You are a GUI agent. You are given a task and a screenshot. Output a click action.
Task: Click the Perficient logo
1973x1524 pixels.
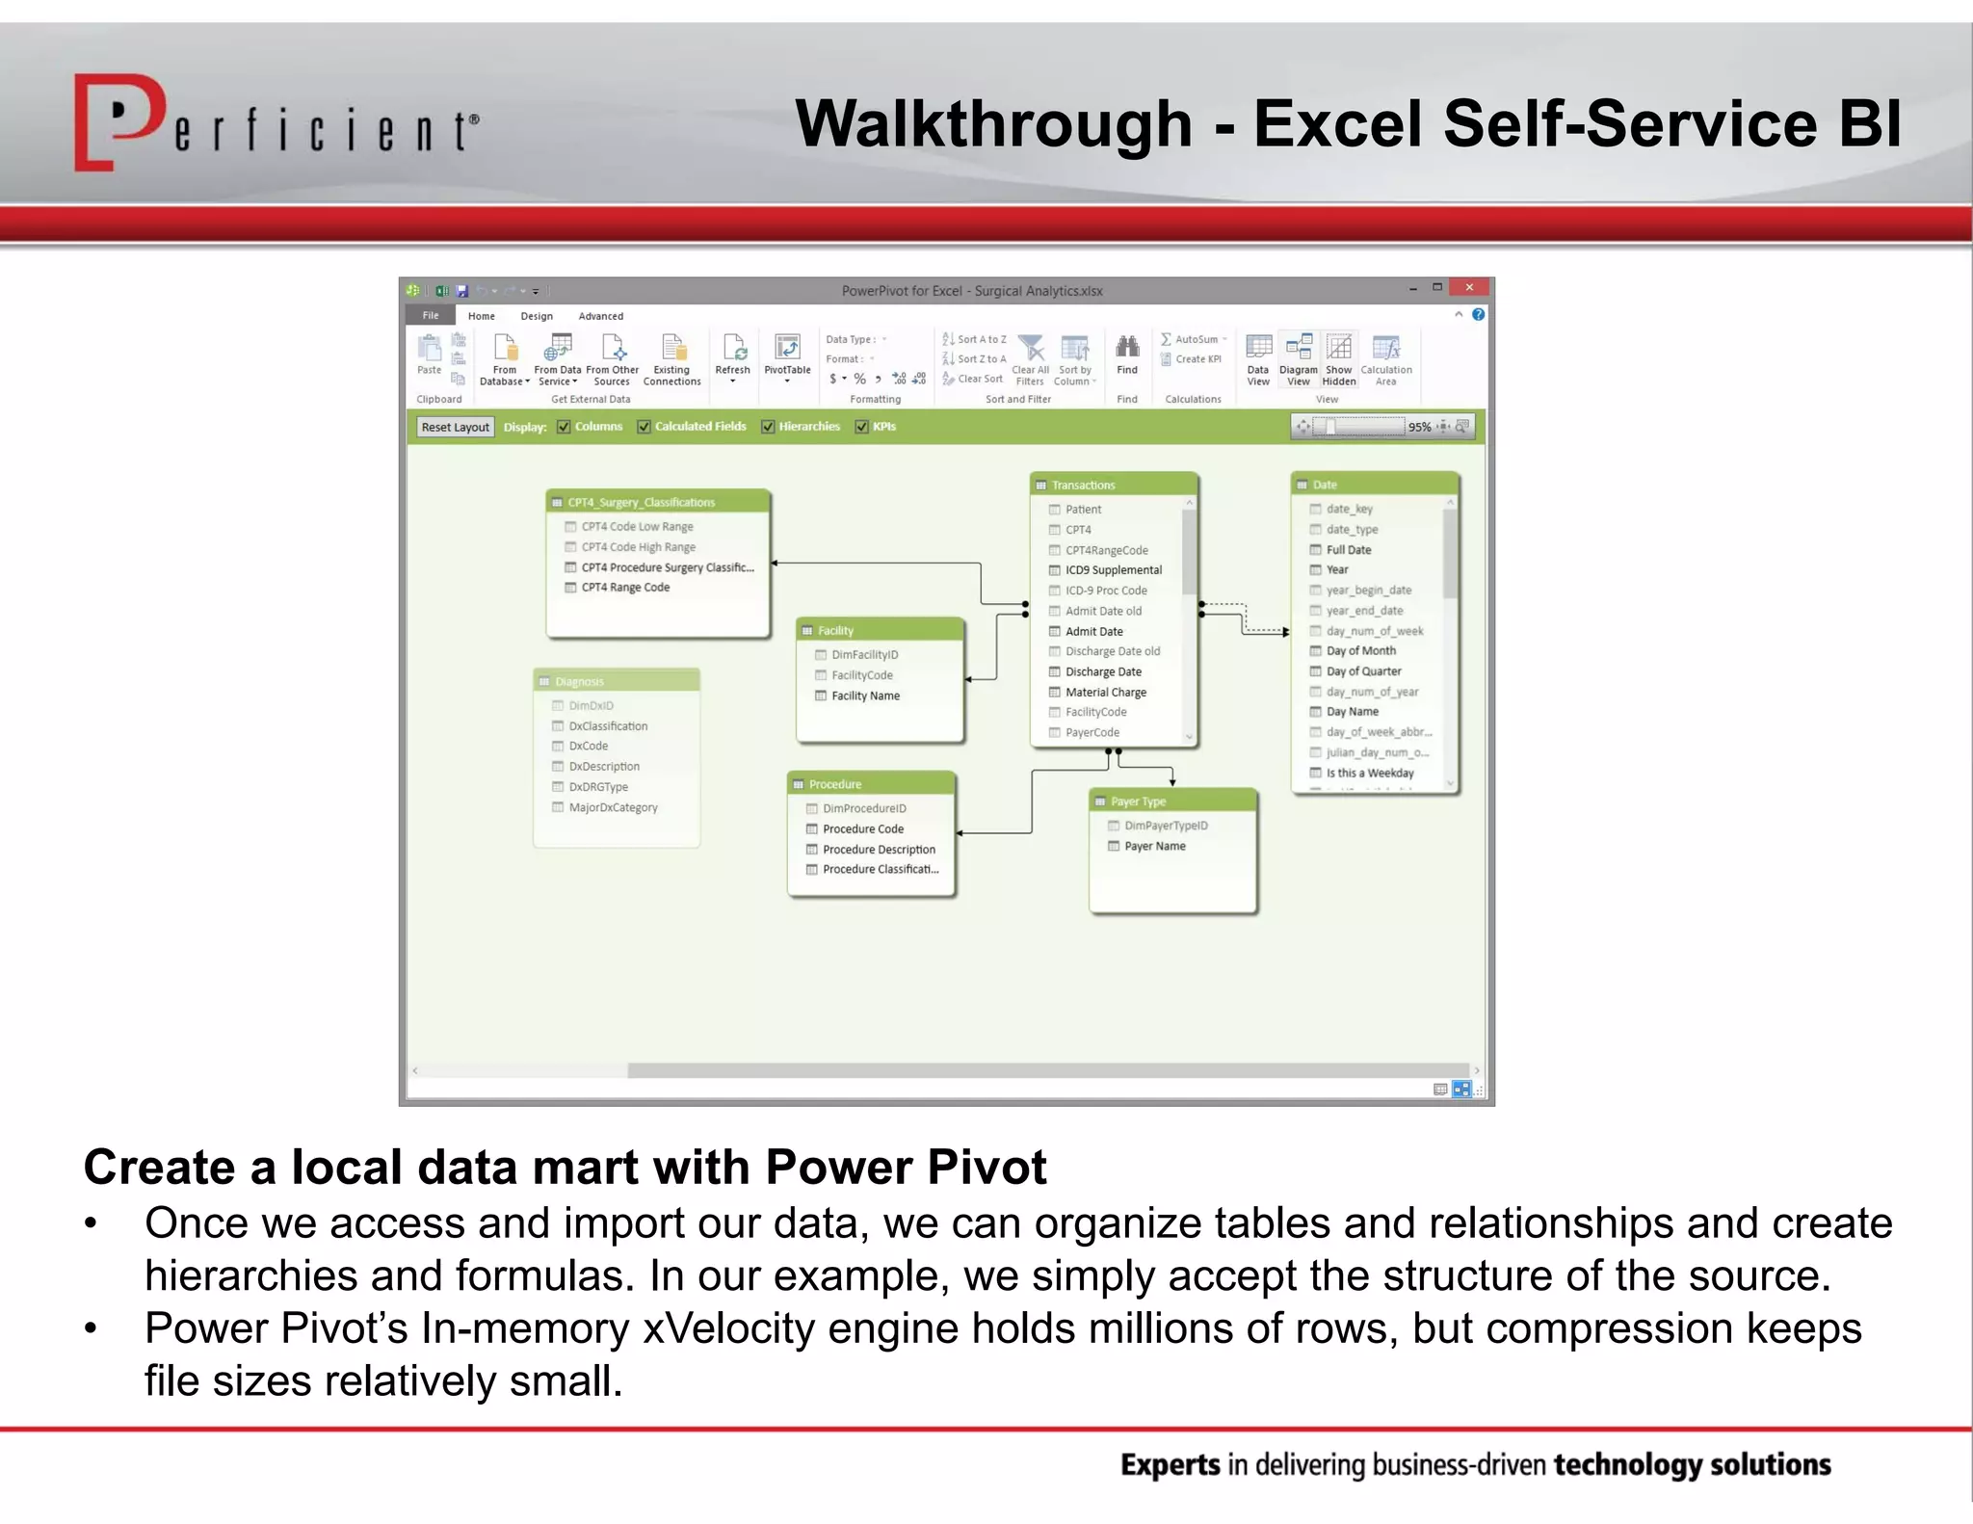[x=275, y=123]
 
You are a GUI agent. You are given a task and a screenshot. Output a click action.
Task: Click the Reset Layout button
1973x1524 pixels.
[x=455, y=427]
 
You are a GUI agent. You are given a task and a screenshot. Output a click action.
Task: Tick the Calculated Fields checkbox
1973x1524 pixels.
[x=644, y=427]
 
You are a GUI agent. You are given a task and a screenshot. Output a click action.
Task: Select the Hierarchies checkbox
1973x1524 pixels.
[x=768, y=427]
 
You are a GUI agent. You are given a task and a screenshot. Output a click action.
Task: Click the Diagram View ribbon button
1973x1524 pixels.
[x=1298, y=357]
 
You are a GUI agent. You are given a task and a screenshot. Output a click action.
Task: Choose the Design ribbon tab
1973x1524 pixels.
[x=537, y=316]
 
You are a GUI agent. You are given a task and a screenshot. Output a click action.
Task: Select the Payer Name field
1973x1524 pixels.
[x=1154, y=846]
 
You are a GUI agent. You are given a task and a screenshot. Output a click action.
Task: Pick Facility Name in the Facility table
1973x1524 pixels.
[x=865, y=696]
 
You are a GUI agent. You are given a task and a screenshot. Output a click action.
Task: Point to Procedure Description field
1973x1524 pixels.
[x=879, y=849]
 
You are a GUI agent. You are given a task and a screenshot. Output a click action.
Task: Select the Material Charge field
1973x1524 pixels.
[x=1105, y=692]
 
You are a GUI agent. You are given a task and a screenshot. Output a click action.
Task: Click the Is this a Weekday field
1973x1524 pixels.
[x=1369, y=773]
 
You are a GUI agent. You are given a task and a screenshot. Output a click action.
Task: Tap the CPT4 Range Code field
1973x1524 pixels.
[x=625, y=587]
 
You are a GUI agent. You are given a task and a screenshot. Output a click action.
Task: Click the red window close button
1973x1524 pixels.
[x=1468, y=287]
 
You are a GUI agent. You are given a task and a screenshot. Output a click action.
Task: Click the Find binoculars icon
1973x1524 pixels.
[x=1127, y=347]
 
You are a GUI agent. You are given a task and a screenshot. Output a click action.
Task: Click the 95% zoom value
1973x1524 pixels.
[x=1418, y=427]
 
